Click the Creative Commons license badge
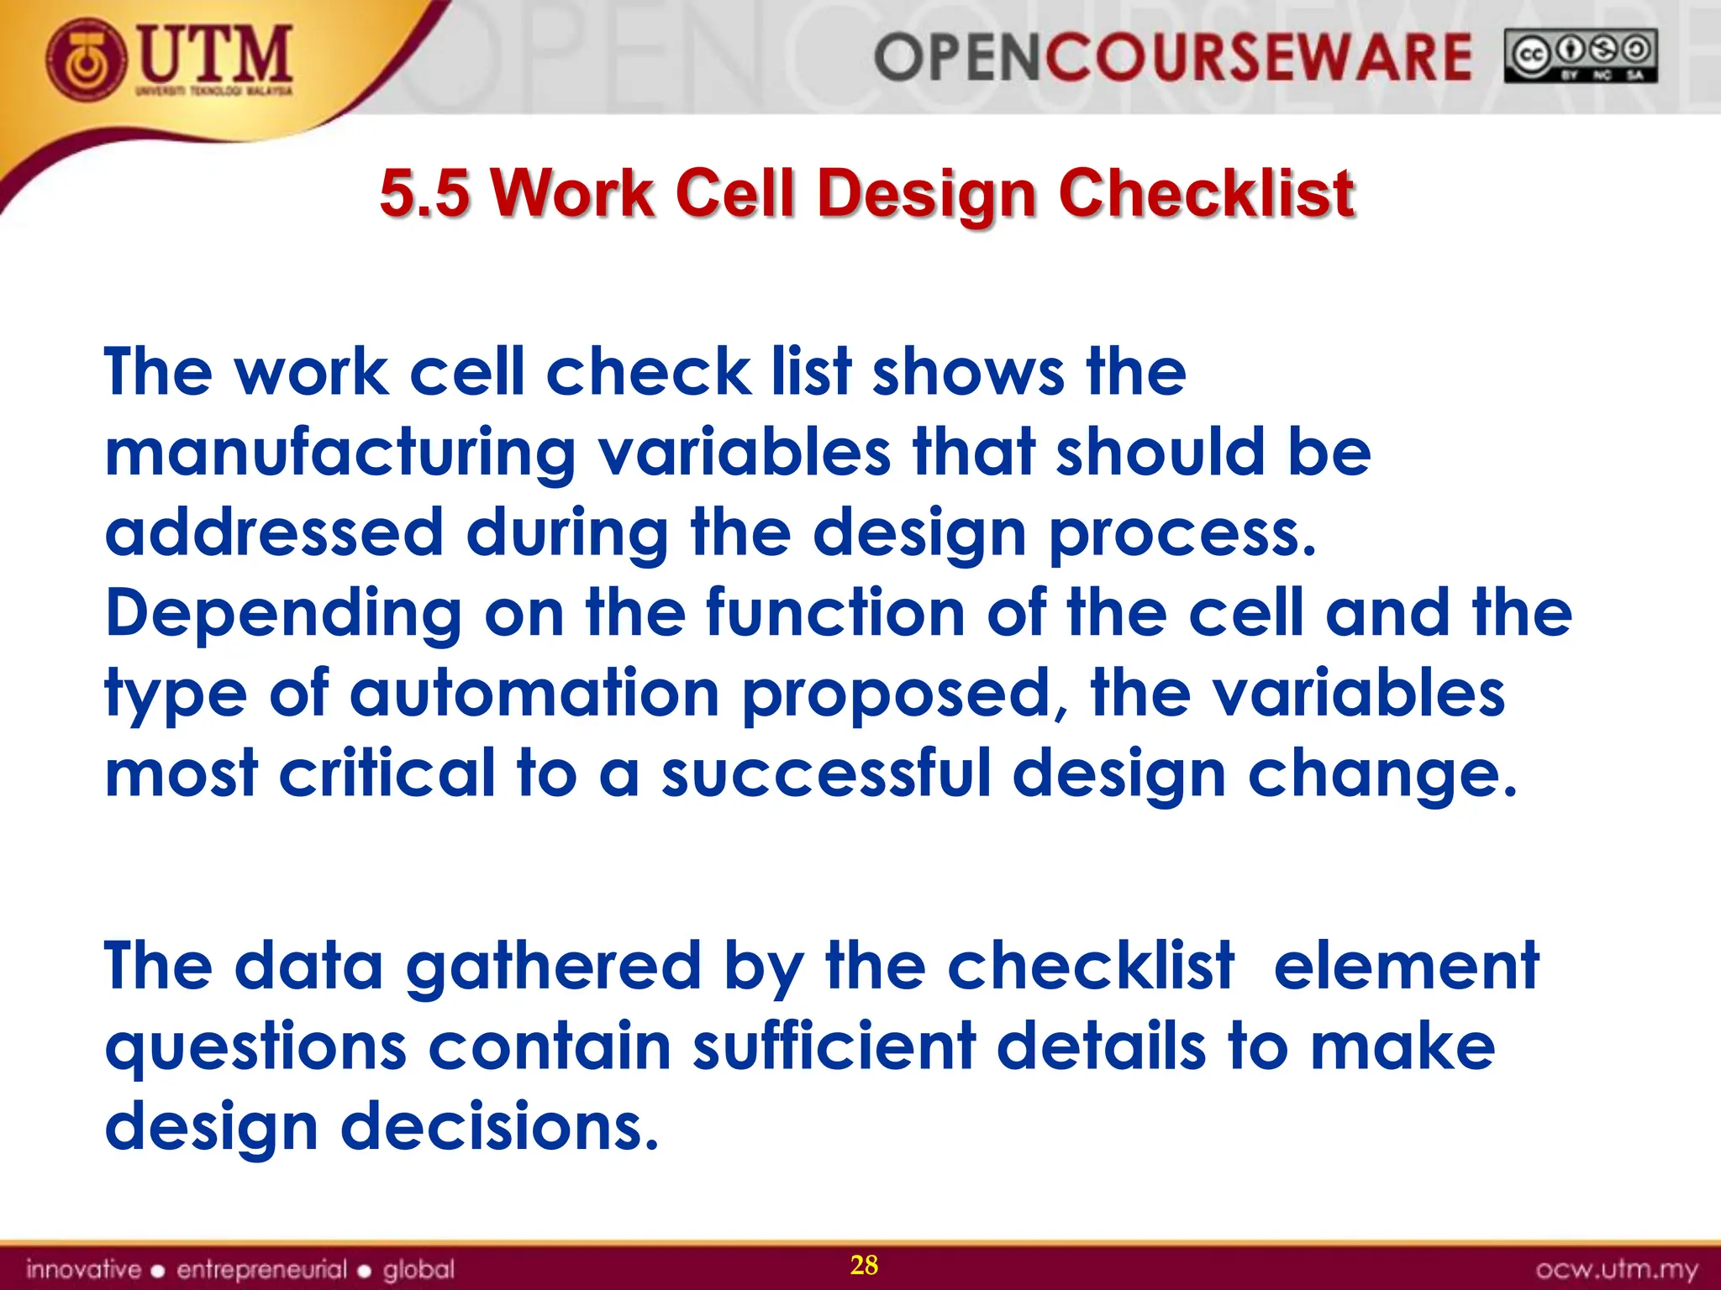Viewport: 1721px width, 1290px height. [x=1580, y=56]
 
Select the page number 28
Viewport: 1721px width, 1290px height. [x=864, y=1265]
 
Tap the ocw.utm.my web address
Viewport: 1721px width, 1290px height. [x=1617, y=1269]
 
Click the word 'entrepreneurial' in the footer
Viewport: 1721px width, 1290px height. [x=261, y=1269]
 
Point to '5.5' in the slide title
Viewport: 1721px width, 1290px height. [x=424, y=193]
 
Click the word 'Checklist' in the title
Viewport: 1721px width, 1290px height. [x=1206, y=193]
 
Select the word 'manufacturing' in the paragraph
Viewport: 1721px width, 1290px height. [x=339, y=454]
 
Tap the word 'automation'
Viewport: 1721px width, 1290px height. [x=534, y=694]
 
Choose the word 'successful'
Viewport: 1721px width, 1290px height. [x=826, y=773]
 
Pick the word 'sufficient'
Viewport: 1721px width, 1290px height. [x=834, y=1047]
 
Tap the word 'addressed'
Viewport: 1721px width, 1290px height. [x=274, y=533]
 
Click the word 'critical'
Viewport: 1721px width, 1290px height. [x=387, y=773]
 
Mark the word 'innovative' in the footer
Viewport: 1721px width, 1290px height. [x=83, y=1269]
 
